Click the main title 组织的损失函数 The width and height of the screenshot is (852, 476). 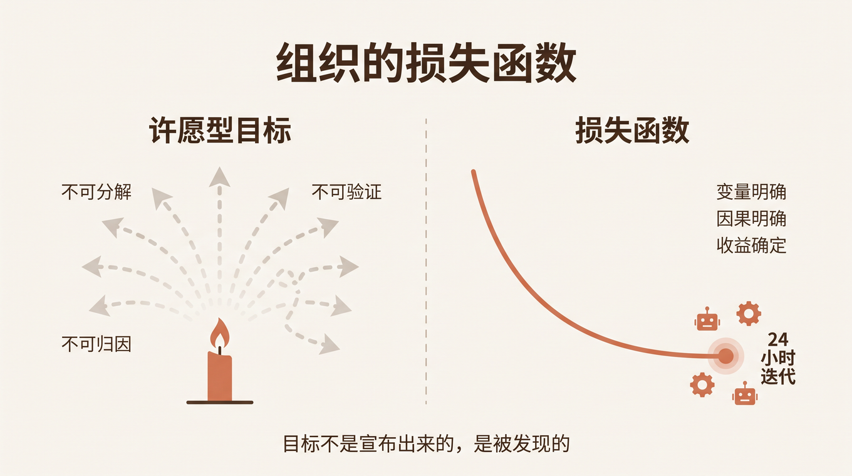coord(426,62)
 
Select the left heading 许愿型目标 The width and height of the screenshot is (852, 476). coord(220,130)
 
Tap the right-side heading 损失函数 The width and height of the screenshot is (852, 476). coord(632,130)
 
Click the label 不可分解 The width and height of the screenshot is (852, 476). coord(96,192)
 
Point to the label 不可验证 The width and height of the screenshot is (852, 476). coord(346,192)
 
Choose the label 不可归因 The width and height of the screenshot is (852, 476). coord(96,344)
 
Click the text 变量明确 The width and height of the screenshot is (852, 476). coord(751,192)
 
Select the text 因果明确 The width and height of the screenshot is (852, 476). coord(751,219)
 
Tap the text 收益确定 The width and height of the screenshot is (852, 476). coord(751,246)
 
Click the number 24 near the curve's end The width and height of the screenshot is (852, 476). coord(778,339)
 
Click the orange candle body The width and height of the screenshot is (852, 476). coord(219,376)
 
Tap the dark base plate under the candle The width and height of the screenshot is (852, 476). coord(220,403)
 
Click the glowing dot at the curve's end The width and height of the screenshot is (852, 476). coord(725,356)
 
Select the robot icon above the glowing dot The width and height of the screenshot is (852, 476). coord(707,319)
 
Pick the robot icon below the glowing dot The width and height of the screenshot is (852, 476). coord(745,393)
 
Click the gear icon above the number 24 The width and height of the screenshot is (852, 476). coord(749,314)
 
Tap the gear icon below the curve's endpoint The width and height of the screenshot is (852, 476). coord(702,385)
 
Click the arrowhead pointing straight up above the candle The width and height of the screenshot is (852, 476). coord(219,177)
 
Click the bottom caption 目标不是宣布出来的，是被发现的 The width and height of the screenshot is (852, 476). coord(426,443)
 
